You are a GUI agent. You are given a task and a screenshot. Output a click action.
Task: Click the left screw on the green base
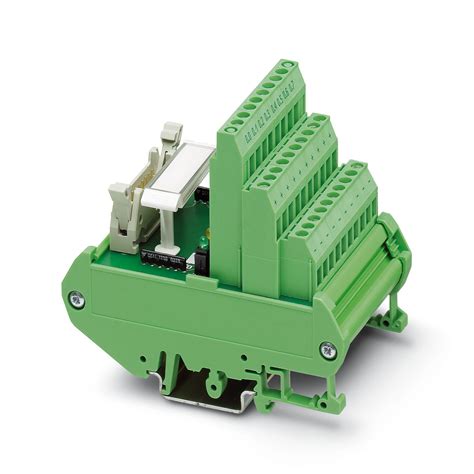point(74,298)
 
